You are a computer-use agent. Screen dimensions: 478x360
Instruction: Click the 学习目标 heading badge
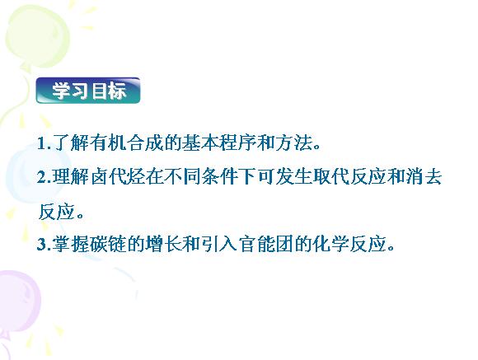88,91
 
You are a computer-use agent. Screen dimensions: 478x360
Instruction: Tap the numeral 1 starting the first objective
41,143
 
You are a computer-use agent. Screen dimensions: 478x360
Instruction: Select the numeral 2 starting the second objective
41,177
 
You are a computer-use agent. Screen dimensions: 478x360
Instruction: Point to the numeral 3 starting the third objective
41,244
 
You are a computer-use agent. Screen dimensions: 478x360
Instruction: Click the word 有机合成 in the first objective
127,143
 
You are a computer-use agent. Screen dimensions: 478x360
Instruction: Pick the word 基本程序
219,143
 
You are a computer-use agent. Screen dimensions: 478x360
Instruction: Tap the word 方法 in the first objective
293,143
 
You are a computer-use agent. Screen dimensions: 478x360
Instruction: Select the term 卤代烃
117,177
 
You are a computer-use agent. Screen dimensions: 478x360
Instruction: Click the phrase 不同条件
202,177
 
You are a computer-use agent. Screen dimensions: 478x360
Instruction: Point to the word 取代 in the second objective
330,177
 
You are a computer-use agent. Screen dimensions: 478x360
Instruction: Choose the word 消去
424,177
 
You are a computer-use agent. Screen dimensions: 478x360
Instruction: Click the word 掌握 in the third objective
71,244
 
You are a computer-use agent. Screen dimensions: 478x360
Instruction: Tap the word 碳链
108,244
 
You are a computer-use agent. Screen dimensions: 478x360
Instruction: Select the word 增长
164,244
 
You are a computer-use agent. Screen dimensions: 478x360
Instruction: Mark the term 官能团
266,244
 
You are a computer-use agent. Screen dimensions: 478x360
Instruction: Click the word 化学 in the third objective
330,244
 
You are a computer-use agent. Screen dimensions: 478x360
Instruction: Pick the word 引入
219,244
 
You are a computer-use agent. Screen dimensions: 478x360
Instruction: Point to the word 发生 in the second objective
293,177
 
